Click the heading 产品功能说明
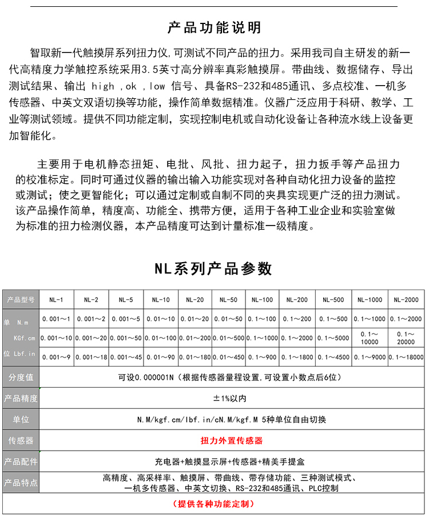(x=214, y=27)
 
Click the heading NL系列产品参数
(x=213, y=268)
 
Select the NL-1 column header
(x=56, y=300)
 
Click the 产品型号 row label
(x=21, y=300)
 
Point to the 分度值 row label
(x=21, y=378)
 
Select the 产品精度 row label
(x=21, y=398)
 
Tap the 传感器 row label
(x=21, y=440)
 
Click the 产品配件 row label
(x=21, y=461)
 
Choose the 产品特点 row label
(x=21, y=483)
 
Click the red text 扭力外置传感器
(x=232, y=440)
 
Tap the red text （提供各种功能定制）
(x=213, y=504)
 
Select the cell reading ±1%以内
(x=232, y=398)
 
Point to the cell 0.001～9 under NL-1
(x=56, y=357)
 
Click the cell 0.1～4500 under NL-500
(x=333, y=357)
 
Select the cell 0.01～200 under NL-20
(x=194, y=338)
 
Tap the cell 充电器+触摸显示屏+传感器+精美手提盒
(x=232, y=461)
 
